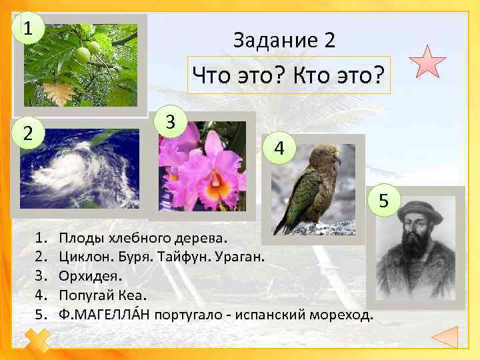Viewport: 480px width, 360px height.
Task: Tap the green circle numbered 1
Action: (x=27, y=29)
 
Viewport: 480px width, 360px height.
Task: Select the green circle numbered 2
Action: (x=27, y=132)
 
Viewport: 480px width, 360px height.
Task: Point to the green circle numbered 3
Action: (x=171, y=122)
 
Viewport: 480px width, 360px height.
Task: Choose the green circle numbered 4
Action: (x=280, y=149)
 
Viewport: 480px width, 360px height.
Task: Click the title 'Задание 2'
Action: (x=284, y=41)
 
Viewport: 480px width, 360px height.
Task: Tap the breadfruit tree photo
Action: (x=80, y=65)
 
